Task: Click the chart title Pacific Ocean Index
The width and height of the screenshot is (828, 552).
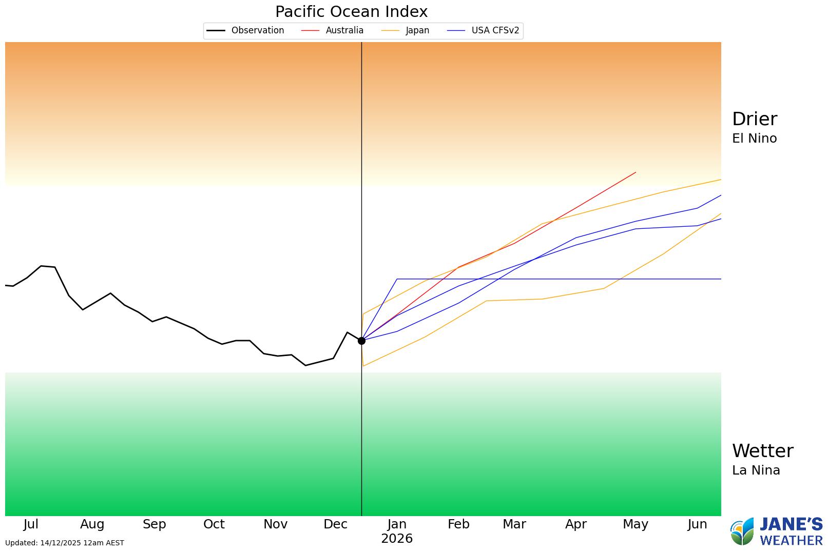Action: tap(351, 12)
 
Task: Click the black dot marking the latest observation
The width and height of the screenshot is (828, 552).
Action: tap(361, 341)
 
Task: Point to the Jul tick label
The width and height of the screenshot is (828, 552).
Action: tap(31, 524)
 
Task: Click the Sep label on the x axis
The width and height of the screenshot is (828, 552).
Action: tap(154, 524)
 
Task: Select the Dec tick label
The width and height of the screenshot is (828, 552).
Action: tap(335, 524)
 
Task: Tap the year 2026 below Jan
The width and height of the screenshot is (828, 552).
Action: tap(397, 539)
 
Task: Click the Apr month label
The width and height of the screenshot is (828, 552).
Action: tap(575, 524)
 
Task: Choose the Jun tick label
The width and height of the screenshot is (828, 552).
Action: tap(697, 524)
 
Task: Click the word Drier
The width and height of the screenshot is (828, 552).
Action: tap(754, 119)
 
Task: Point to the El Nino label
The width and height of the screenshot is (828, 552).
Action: tap(754, 139)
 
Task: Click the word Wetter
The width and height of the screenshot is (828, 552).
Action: tap(762, 451)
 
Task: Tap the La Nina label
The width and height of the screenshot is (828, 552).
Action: tap(756, 470)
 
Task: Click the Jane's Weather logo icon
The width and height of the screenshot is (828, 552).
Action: tap(742, 531)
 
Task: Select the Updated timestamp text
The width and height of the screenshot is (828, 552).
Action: tap(65, 543)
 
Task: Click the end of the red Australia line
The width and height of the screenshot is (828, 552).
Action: tap(636, 172)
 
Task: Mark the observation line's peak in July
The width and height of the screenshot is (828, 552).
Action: tap(42, 266)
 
